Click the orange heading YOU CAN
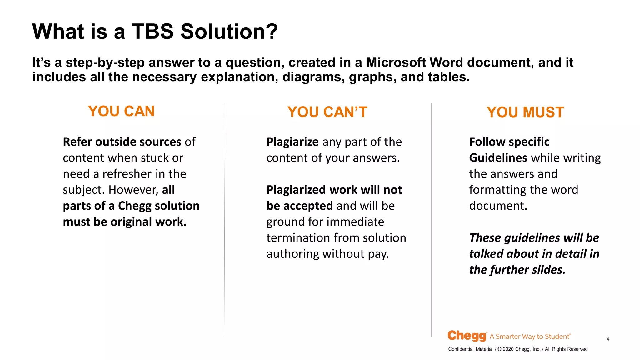click(121, 111)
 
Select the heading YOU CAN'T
click(327, 112)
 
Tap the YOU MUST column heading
click(525, 112)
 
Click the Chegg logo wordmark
click(467, 336)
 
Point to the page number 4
click(607, 339)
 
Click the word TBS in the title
click(152, 32)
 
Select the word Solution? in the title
click(229, 32)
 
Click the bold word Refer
click(77, 142)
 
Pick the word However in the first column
click(133, 190)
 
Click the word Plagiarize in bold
click(292, 142)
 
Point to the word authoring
click(293, 254)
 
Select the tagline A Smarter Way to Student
click(530, 337)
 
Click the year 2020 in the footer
click(508, 349)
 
